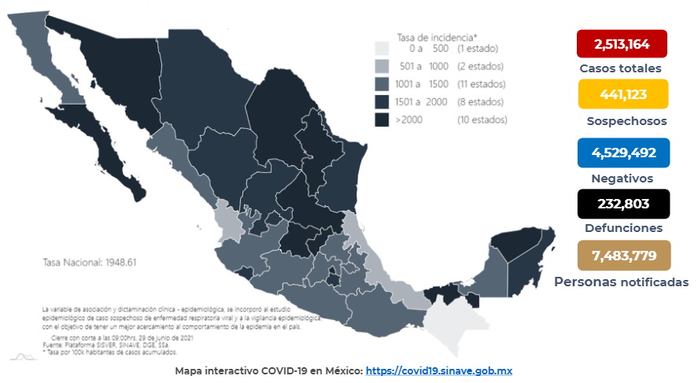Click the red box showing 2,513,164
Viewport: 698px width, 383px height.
[622, 43]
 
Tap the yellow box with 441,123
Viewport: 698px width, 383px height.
[622, 94]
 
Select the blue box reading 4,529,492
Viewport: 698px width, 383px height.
[622, 153]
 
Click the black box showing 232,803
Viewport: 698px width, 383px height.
[622, 203]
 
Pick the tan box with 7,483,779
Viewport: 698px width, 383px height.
[622, 256]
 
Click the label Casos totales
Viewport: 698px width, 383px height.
[620, 68]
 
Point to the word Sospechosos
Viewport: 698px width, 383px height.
[626, 121]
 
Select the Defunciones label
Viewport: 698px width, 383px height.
[623, 228]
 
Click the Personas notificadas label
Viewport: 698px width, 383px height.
[622, 282]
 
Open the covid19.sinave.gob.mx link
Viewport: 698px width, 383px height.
[440, 370]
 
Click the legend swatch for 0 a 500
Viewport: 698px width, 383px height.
[382, 49]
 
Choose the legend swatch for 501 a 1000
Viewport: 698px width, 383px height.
[382, 66]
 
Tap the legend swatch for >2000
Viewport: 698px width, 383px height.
[382, 120]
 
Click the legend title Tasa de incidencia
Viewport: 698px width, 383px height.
[426, 37]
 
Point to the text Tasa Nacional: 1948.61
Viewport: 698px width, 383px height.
[89, 261]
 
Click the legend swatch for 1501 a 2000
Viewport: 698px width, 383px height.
[382, 101]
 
